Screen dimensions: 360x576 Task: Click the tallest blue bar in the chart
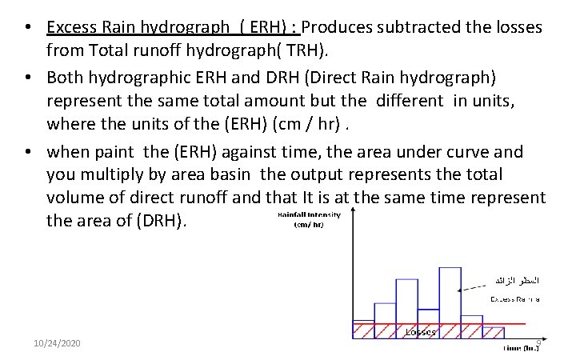[x=450, y=296]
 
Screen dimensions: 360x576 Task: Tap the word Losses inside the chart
[x=421, y=330]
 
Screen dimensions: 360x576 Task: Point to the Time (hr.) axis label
[x=522, y=348]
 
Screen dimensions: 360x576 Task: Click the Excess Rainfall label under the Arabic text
[x=514, y=298]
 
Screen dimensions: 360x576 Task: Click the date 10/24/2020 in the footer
[x=57, y=343]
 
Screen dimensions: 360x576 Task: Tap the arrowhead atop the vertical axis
[x=353, y=214]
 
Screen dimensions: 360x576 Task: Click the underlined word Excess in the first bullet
[x=70, y=27]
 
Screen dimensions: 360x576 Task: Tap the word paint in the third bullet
[x=114, y=151]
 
